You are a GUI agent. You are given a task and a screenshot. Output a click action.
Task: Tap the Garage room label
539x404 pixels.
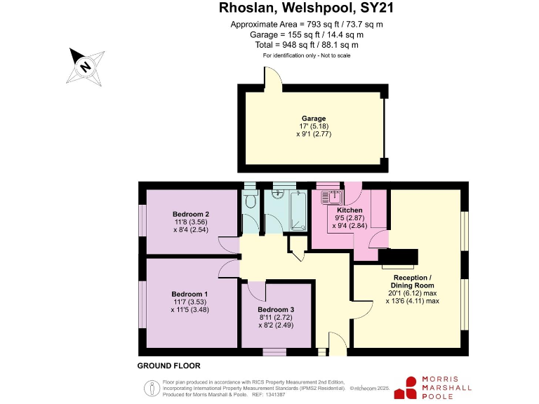314,119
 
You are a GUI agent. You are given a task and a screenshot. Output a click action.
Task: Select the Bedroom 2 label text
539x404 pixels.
191,214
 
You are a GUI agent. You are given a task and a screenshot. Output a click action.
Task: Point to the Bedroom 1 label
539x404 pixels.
189,293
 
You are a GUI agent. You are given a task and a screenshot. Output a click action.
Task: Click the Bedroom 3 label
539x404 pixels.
276,309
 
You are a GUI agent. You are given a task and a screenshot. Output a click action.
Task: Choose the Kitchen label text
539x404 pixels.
350,210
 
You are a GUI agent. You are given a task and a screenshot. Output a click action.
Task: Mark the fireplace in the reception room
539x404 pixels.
398,257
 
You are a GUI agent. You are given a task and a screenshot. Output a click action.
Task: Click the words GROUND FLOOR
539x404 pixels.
168,365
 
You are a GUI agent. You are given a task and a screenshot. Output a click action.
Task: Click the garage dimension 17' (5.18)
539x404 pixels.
314,126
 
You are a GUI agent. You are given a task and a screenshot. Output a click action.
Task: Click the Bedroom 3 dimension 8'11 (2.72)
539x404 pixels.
276,318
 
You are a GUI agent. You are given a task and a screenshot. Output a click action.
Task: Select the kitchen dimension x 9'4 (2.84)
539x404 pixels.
350,226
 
